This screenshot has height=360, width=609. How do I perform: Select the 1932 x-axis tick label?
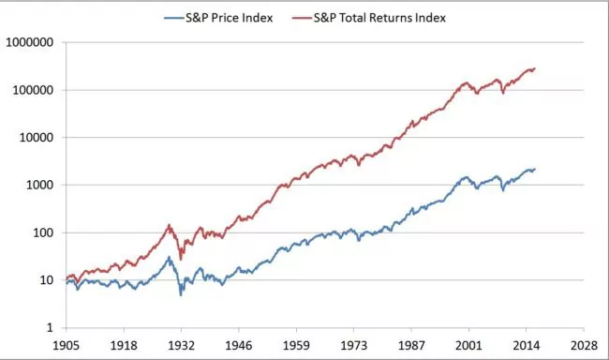point(181,344)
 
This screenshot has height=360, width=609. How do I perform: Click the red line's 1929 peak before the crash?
point(169,225)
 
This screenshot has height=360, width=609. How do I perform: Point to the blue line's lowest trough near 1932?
point(181,294)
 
